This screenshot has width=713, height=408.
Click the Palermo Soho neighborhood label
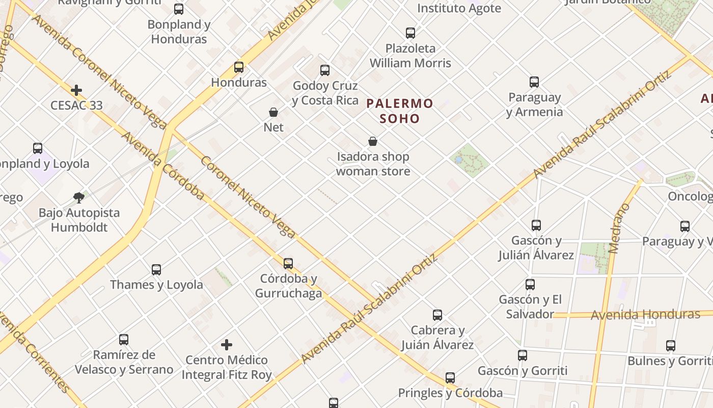[400, 111]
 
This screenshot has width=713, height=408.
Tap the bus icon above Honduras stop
[239, 67]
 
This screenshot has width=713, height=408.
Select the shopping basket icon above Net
[273, 112]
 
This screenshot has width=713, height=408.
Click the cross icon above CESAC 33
[76, 90]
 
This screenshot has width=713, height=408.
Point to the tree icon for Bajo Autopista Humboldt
[78, 197]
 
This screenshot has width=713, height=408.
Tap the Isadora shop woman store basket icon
[373, 141]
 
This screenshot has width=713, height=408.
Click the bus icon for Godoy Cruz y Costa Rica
[325, 70]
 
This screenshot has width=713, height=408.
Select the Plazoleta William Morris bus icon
[410, 33]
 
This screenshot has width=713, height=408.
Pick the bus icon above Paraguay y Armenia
[534, 82]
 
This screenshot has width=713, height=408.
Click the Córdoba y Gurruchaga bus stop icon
[288, 264]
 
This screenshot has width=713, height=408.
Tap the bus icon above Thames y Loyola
[156, 270]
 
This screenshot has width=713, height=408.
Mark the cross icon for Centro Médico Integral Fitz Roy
[227, 345]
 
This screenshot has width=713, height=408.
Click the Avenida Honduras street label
[645, 314]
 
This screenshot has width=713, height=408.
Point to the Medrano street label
[619, 228]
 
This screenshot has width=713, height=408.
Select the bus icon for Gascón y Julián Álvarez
[536, 225]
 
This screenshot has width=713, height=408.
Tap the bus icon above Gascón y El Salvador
[530, 285]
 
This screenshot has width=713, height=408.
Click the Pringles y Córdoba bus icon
[450, 378]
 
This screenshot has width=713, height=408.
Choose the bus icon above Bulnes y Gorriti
[671, 346]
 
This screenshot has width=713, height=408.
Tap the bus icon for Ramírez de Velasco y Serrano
[124, 340]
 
